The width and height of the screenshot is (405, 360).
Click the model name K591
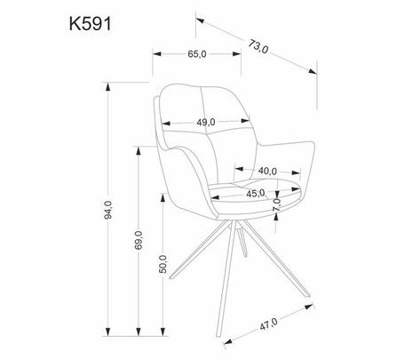(91, 24)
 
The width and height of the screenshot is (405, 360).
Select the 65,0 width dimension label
(197, 54)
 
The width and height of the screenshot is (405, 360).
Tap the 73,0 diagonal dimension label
(258, 47)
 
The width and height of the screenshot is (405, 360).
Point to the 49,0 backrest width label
(206, 122)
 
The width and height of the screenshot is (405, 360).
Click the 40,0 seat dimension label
(267, 171)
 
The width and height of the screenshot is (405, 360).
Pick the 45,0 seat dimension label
(256, 194)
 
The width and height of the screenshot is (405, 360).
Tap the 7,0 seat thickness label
(276, 204)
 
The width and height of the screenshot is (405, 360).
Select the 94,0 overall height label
(108, 210)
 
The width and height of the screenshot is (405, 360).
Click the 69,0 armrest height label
(139, 240)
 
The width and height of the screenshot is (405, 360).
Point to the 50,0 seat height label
(163, 264)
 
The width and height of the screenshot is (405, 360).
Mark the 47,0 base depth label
(268, 324)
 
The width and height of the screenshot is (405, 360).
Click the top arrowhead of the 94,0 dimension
(108, 87)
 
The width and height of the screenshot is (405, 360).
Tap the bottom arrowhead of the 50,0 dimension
(163, 332)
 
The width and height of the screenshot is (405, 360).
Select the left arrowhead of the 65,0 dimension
(156, 54)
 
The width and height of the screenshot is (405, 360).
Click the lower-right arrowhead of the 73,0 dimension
(313, 71)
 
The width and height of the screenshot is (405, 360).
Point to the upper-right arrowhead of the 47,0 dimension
(309, 307)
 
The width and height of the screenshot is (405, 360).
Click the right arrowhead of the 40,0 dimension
(296, 172)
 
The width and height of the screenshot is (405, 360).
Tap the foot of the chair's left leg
(171, 277)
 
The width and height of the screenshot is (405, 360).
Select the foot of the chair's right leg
(308, 295)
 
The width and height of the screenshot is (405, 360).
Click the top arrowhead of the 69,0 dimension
(139, 151)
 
